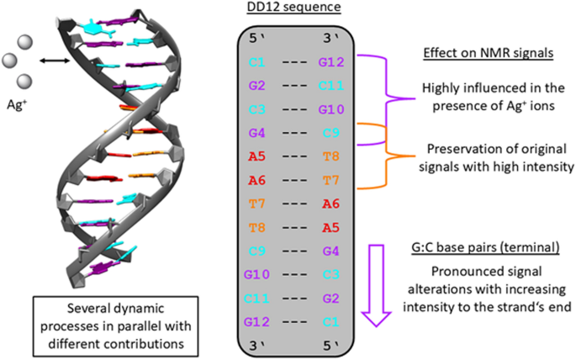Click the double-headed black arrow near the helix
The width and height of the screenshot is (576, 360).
coord(56,60)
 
